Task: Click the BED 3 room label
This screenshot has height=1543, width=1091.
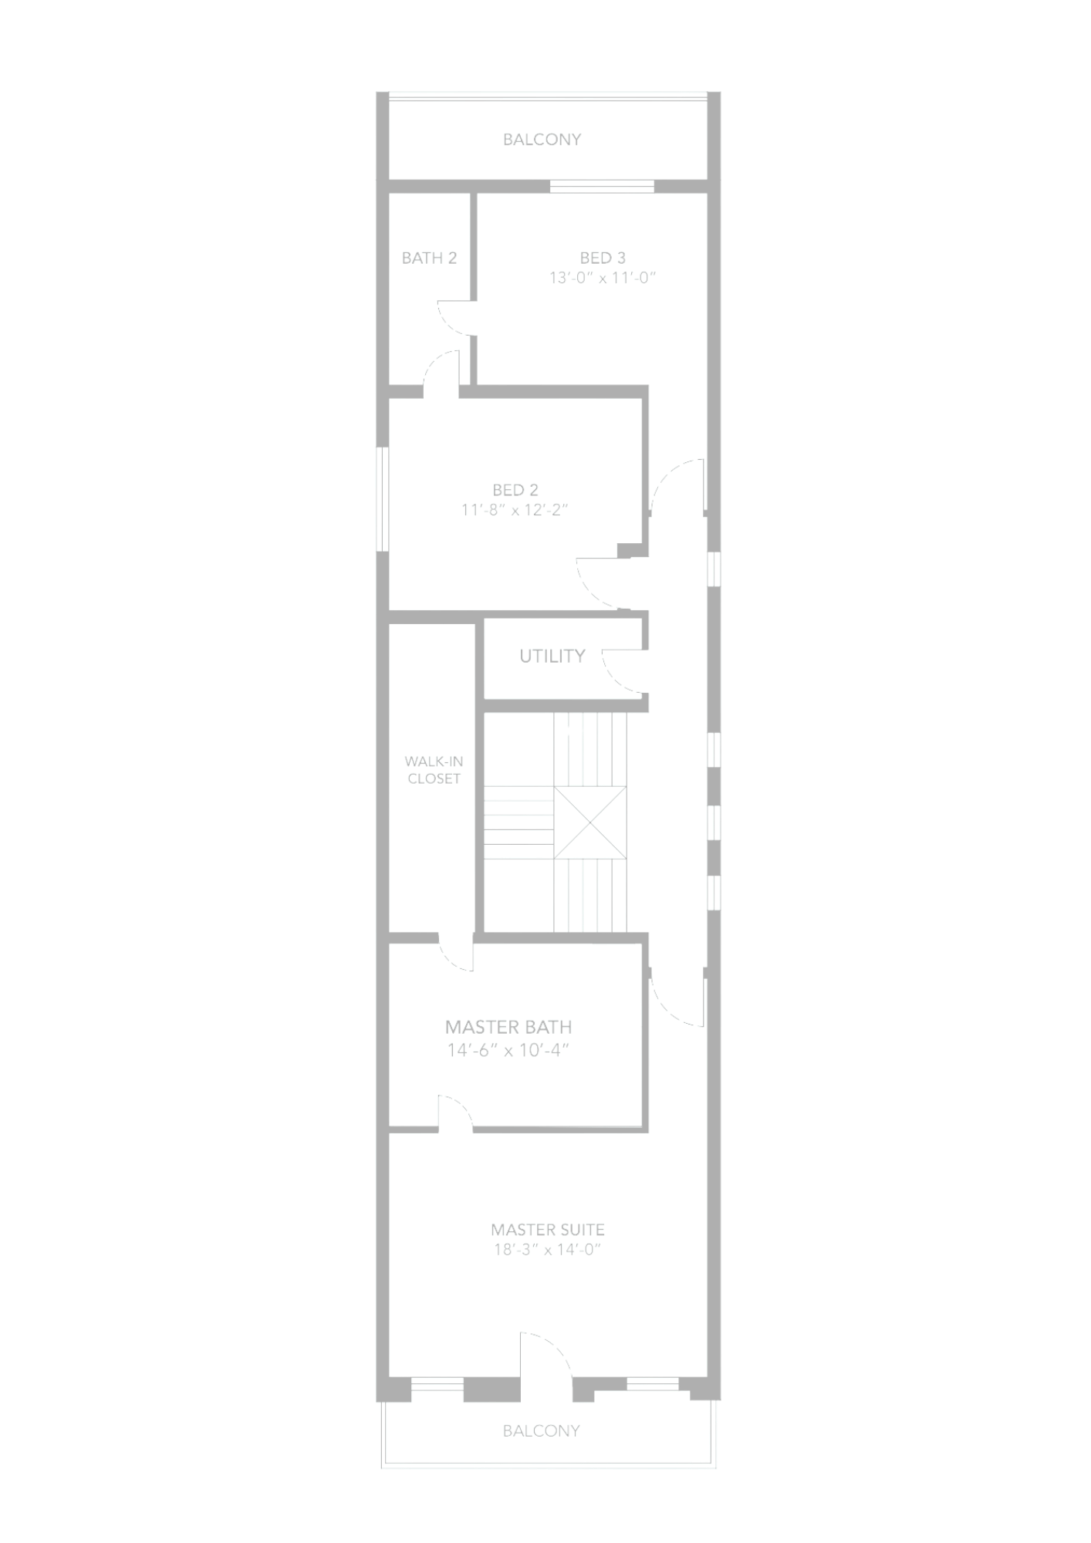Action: (603, 258)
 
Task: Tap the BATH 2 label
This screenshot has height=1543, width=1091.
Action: (429, 258)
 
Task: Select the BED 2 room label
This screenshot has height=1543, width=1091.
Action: (515, 489)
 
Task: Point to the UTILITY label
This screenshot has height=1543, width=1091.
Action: (552, 656)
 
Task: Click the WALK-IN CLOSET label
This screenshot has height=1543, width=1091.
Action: (434, 770)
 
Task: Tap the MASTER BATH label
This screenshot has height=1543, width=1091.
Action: (508, 1027)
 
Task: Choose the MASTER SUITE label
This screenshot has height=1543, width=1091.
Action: (548, 1229)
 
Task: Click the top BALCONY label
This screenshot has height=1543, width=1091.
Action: (542, 139)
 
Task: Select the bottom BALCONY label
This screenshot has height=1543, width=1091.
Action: (541, 1430)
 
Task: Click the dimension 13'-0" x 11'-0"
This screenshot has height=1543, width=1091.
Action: (603, 278)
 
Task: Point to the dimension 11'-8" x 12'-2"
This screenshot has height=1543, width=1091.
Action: (515, 509)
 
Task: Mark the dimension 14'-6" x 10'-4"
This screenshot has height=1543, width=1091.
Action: (508, 1050)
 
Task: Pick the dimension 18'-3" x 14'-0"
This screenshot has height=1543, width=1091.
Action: (547, 1249)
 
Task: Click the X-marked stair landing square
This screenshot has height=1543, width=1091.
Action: (590, 822)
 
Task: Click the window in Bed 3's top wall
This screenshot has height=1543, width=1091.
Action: (602, 186)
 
